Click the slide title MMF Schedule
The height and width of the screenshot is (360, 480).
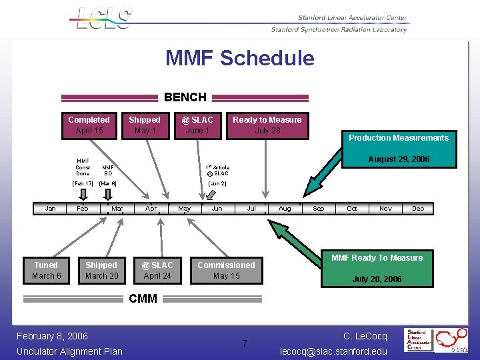240,58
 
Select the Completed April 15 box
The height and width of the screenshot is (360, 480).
89,125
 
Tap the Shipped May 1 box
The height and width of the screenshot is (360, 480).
145,125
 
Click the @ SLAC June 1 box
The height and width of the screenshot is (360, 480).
197,125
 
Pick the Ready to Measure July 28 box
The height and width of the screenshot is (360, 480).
267,125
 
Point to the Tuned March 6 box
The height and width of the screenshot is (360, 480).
46,270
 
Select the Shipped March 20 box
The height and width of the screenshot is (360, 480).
101,270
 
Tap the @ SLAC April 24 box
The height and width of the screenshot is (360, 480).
157,270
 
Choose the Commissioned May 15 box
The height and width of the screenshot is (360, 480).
226,270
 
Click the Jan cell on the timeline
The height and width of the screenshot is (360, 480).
50,209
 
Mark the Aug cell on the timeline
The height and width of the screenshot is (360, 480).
285,209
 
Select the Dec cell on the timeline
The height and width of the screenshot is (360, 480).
418,209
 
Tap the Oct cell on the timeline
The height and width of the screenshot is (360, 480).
351,209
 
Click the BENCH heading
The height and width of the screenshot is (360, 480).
185,97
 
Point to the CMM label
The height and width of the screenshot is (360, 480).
143,299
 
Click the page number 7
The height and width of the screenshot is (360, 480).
245,343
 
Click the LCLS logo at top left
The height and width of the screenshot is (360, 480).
104,18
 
